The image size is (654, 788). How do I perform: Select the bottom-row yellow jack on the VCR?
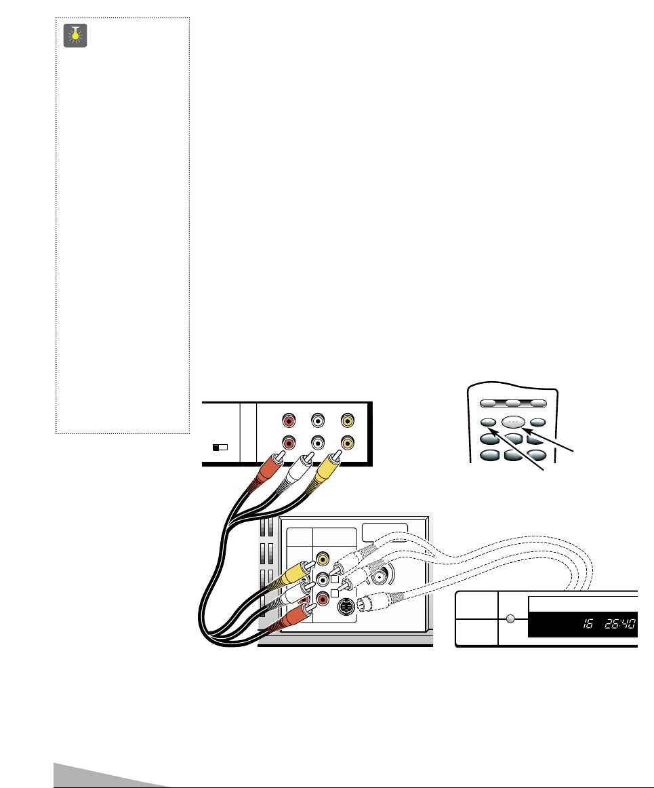[348, 443]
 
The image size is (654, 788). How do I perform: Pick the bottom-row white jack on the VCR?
[316, 443]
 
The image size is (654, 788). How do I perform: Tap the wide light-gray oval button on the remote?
[513, 421]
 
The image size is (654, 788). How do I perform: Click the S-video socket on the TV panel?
[346, 607]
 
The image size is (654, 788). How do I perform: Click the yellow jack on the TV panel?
[324, 560]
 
